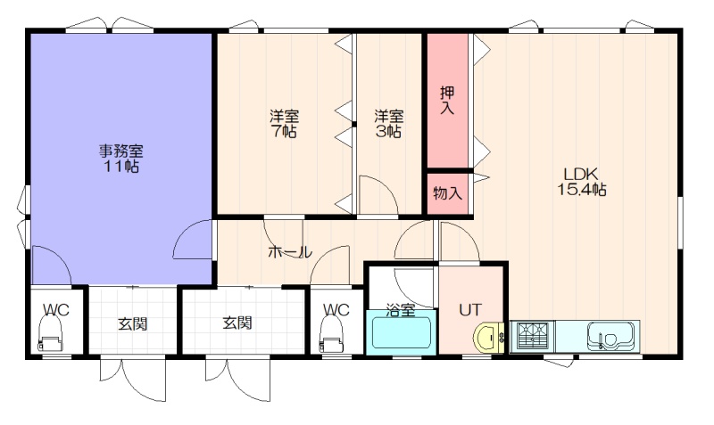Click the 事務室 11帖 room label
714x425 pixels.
point(120,159)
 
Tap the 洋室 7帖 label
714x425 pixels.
point(284,124)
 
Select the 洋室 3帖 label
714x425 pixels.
point(388,124)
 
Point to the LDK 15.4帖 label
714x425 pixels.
point(582,181)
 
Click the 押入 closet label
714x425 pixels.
point(447,100)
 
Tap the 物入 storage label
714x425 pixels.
point(448,192)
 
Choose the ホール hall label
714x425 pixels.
point(290,251)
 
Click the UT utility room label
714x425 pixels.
point(470,309)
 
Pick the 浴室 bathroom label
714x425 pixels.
point(401,310)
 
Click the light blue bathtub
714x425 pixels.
point(401,332)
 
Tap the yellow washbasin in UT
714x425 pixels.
point(488,338)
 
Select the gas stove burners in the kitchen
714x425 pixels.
point(533,337)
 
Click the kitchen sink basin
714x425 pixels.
point(611,337)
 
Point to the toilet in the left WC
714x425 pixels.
point(50,334)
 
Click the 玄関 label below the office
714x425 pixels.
point(132,324)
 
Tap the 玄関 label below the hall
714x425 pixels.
point(237,323)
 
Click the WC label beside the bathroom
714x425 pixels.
point(336,310)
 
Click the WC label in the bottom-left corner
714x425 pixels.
point(56,310)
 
